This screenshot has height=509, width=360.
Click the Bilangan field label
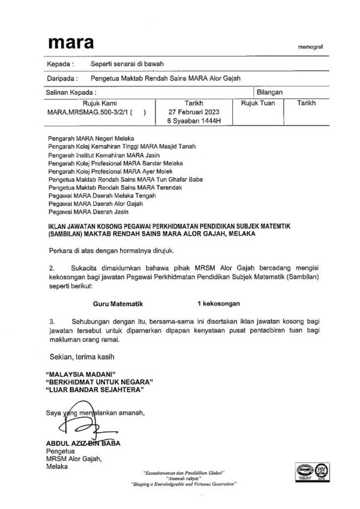269,92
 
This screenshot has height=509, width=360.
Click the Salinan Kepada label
71,93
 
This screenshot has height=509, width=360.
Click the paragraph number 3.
52,322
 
